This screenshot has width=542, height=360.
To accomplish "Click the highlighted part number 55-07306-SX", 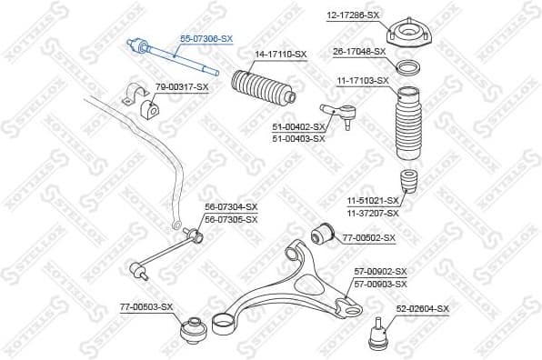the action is coord(206,39).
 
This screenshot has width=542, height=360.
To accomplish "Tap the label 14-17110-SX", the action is coord(281,55).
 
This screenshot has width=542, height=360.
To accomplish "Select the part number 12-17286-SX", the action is coord(354,15).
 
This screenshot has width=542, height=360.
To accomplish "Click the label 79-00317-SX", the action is coord(182,86).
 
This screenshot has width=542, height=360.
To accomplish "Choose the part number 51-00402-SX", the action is coord(298,126).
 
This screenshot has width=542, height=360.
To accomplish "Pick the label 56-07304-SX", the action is coord(231,207).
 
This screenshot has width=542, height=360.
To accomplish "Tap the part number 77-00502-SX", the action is coord(369,237).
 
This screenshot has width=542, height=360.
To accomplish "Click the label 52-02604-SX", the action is coord(423,309).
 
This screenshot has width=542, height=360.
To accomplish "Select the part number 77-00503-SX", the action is coord(146,306).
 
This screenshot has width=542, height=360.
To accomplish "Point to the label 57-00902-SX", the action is coord(380,272).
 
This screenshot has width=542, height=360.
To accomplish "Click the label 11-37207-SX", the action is coord(372,212).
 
